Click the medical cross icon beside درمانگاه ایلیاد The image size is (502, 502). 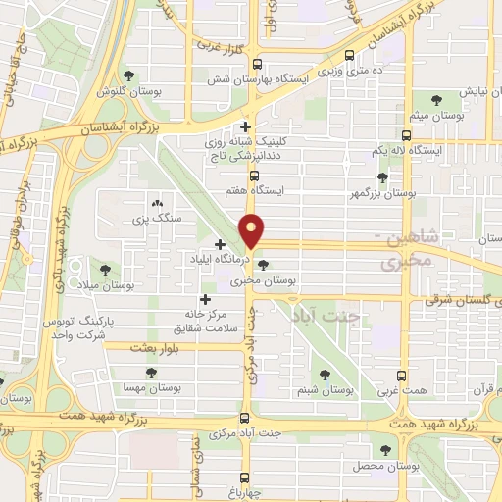pos(218,242)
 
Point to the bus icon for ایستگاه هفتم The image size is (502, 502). pos(254,176)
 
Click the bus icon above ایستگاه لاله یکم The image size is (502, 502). pos(405,134)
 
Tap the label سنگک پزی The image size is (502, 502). pos(156,218)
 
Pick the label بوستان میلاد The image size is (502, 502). pos(106,284)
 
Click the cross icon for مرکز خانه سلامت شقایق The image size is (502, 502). pos(204,300)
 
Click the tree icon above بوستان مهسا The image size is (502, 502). pos(150,373)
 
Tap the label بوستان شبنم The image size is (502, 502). pos(326,389)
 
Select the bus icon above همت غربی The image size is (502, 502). pos(400,375)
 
